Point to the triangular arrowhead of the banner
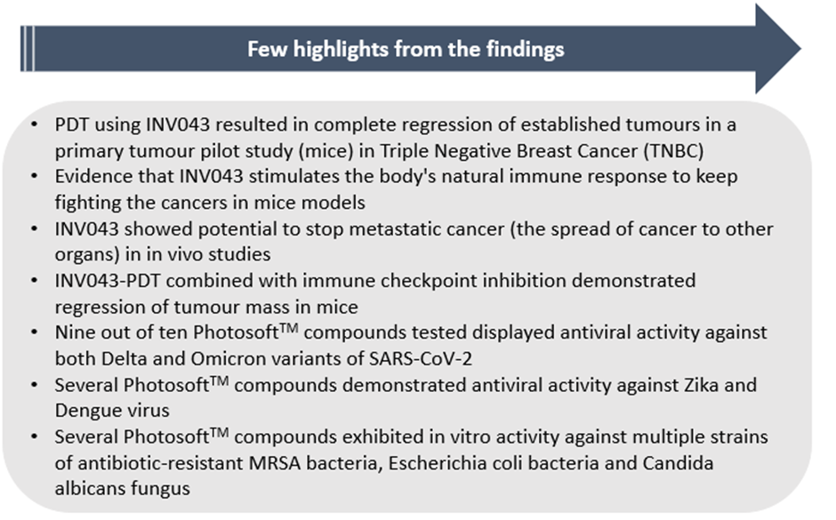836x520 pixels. pyautogui.click(x=778, y=49)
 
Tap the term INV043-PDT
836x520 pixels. pyautogui.click(x=108, y=281)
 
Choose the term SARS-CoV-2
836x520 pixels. pyautogui.click(x=421, y=358)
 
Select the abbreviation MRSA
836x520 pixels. pyautogui.click(x=275, y=463)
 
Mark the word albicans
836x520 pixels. pyautogui.click(x=90, y=489)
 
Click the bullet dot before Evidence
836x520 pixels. pyautogui.click(x=35, y=176)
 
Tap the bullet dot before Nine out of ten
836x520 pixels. pyautogui.click(x=35, y=332)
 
